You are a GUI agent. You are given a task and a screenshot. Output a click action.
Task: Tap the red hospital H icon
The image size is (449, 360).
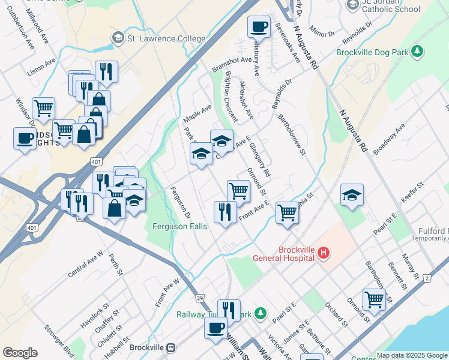click(x=324, y=253)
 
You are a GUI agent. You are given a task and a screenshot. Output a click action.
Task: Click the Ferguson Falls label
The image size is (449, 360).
click(x=179, y=226)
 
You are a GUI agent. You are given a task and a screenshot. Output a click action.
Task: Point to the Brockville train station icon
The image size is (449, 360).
click(x=171, y=347)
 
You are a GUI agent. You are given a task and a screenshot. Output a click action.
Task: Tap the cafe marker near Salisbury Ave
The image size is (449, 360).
click(x=259, y=26)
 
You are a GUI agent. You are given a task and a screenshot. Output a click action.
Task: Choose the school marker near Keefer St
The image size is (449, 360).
click(x=352, y=195)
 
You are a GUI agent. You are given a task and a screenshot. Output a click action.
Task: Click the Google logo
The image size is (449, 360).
click(x=20, y=353)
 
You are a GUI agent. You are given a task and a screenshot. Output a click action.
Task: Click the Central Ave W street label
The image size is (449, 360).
click(x=86, y=265)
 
